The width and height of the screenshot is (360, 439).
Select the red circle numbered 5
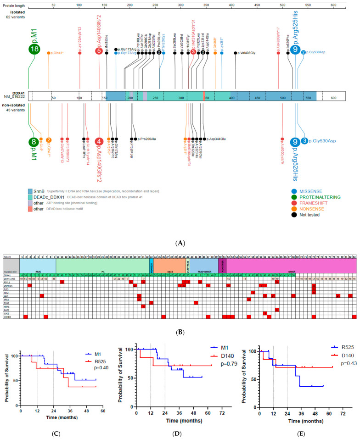tap(99, 51)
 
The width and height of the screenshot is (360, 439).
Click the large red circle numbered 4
tap(99, 142)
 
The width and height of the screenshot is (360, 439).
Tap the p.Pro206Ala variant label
tap(143, 138)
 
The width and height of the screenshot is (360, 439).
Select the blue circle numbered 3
tap(304, 140)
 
